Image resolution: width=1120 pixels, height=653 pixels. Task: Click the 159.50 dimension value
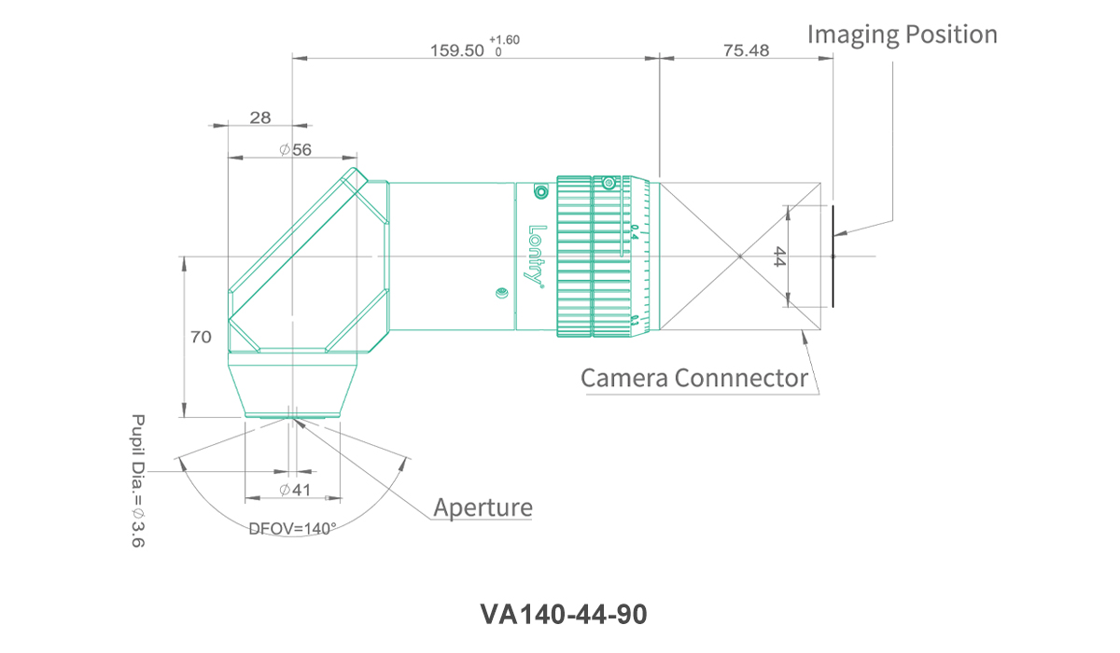click(456, 50)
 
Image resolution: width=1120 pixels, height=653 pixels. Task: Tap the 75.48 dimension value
click(746, 50)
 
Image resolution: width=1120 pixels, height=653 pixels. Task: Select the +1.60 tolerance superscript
click(504, 40)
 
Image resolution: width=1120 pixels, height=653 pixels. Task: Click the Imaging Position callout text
click(902, 35)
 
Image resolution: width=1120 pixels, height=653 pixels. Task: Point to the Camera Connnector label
click(694, 378)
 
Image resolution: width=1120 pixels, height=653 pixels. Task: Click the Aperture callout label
click(483, 507)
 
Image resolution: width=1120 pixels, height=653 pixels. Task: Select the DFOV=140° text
click(292, 528)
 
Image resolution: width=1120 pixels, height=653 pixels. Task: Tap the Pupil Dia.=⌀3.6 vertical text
click(138, 480)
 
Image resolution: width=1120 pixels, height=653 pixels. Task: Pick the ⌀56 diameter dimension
click(295, 149)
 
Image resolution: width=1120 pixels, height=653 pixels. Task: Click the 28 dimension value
click(260, 117)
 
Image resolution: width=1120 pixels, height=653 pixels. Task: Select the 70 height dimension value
click(201, 337)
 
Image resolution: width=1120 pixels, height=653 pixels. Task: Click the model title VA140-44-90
click(563, 615)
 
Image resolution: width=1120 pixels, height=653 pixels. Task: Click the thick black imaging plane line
click(833, 256)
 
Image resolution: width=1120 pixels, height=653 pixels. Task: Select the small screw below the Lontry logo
click(501, 295)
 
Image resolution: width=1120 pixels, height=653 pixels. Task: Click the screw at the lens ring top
click(609, 184)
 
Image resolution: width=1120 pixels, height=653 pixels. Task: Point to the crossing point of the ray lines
click(739, 256)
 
